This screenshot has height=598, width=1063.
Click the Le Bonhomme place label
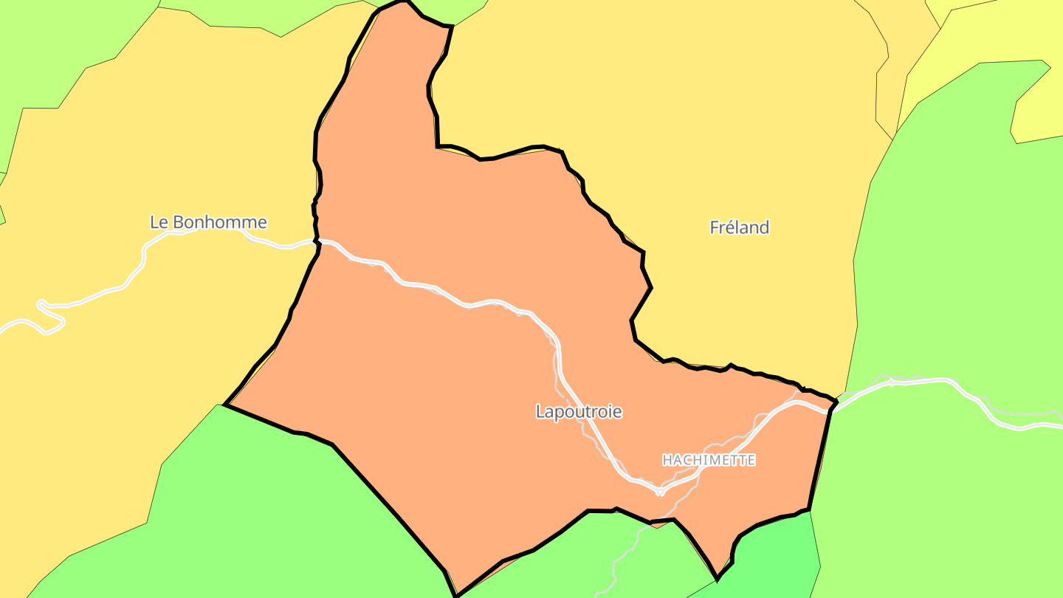click(x=208, y=222)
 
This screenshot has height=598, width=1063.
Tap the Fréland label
click(x=739, y=227)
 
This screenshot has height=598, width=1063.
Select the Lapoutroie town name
click(x=579, y=412)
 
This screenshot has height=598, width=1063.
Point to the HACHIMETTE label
click(x=709, y=460)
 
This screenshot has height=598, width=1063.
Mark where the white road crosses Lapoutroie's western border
click(x=318, y=241)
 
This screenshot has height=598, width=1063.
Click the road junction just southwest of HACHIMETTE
click(x=659, y=491)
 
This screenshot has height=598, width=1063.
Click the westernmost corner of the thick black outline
click(x=225, y=405)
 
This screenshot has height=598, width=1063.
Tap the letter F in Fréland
click(x=715, y=227)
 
